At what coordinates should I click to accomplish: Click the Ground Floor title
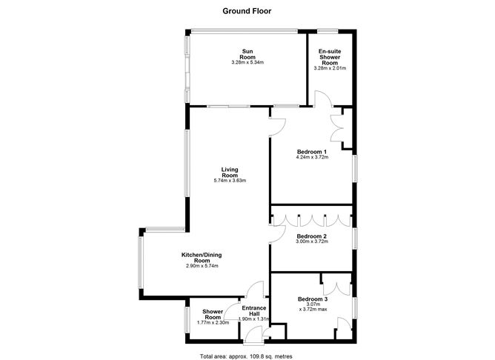(247, 11)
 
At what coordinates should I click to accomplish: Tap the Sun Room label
(247, 54)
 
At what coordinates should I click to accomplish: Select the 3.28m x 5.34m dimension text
(247, 62)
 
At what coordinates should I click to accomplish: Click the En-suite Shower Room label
(330, 57)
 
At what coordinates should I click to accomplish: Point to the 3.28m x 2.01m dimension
(330, 68)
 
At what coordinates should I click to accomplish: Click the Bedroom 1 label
(312, 152)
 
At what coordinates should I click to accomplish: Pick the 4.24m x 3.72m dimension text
(312, 157)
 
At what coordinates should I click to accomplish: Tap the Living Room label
(230, 173)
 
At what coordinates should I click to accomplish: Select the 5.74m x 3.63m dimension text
(230, 181)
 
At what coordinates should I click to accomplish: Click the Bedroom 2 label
(312, 236)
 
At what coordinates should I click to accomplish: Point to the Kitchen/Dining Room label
(202, 258)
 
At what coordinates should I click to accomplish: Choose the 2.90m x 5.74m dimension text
(202, 266)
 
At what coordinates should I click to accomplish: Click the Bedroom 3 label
(313, 299)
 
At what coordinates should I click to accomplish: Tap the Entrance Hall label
(254, 311)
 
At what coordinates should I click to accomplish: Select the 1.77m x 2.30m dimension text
(213, 322)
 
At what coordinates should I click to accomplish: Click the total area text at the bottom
(246, 356)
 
